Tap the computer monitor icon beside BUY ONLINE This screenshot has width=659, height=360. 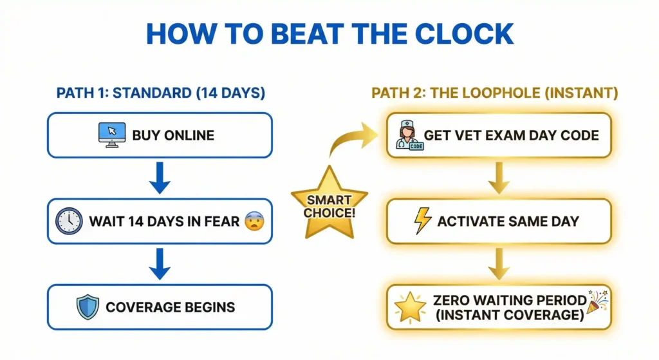click(111, 135)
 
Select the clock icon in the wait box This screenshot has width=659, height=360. click(69, 221)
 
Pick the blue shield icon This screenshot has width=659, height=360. click(88, 307)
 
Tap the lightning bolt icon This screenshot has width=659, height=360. click(422, 221)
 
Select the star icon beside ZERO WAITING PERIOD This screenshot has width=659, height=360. click(410, 307)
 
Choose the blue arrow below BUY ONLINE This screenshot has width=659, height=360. click(160, 178)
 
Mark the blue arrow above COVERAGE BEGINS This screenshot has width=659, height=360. click(160, 263)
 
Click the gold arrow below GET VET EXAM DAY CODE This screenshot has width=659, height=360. click(499, 178)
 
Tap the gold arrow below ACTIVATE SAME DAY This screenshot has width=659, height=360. click(499, 263)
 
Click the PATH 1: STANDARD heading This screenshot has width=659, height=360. click(160, 93)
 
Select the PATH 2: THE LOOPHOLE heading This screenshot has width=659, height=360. click(495, 93)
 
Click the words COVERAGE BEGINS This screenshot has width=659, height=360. click(171, 307)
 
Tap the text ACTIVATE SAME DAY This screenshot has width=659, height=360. click(508, 222)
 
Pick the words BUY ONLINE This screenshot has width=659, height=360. click(173, 136)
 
